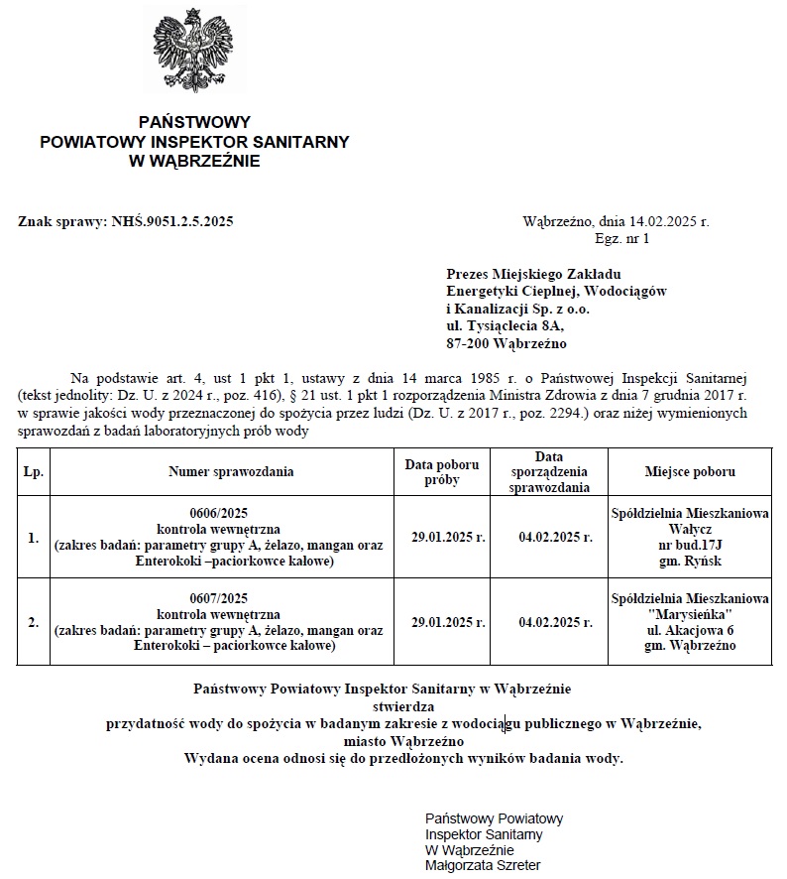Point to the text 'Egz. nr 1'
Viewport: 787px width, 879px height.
pyautogui.click(x=622, y=239)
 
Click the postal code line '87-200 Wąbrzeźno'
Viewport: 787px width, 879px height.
pyautogui.click(x=506, y=343)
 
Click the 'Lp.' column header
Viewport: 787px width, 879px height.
pyautogui.click(x=33, y=472)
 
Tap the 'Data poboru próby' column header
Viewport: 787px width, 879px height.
pyautogui.click(x=442, y=472)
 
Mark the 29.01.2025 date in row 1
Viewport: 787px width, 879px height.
pyautogui.click(x=448, y=538)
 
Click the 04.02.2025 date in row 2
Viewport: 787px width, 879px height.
pyautogui.click(x=556, y=623)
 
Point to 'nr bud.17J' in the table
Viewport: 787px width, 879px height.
pyautogui.click(x=691, y=545)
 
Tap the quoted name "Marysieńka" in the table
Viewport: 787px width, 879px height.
pyautogui.click(x=691, y=615)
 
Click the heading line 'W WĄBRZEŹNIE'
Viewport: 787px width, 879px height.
pyautogui.click(x=194, y=161)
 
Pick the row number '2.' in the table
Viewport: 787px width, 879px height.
pyautogui.click(x=33, y=623)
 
